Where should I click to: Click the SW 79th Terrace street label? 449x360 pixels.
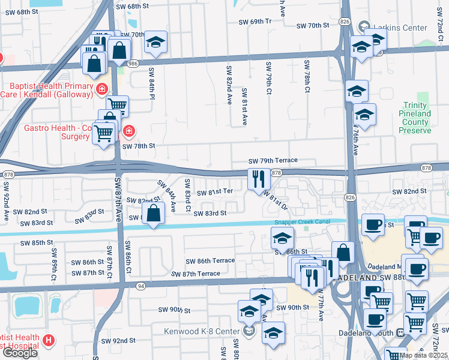[x=273, y=161]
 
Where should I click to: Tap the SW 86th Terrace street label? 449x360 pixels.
[x=209, y=261]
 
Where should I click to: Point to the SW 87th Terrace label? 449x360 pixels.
[x=195, y=274]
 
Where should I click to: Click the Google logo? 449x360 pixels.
[x=20, y=353]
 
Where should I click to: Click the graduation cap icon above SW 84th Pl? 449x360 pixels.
[x=155, y=42]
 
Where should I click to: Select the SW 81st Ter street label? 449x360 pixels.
[x=215, y=191]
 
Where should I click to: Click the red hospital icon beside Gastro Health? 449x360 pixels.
[x=128, y=131]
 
